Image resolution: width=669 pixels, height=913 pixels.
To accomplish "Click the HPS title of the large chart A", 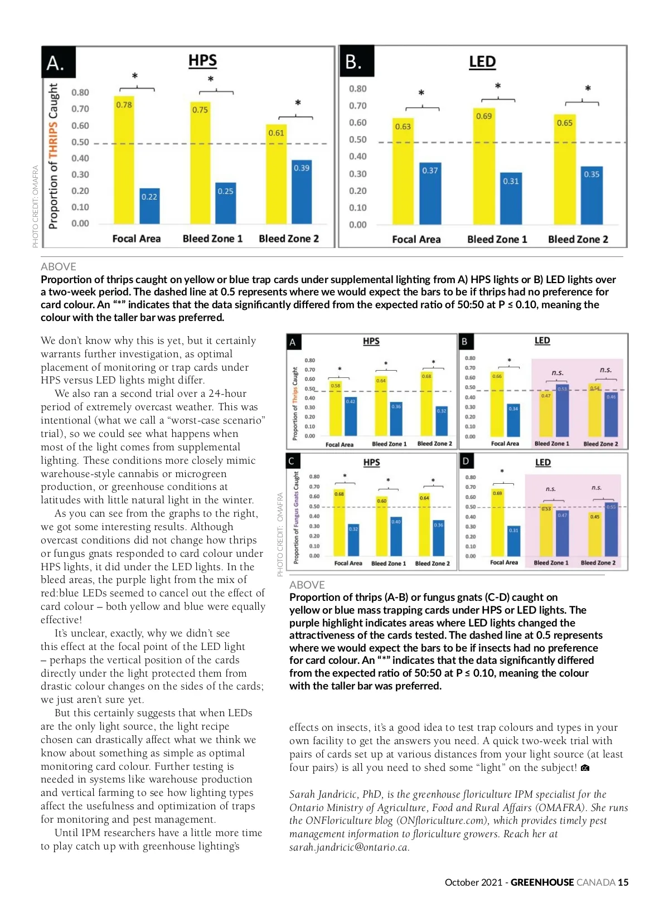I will click(202, 61).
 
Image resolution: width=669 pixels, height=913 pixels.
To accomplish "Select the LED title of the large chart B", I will click(482, 62).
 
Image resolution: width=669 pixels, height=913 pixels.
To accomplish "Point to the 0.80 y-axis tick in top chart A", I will click(80, 93).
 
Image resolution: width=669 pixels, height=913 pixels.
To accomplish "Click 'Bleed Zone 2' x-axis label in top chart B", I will click(578, 239).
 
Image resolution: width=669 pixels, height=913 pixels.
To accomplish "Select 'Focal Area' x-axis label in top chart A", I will click(137, 239).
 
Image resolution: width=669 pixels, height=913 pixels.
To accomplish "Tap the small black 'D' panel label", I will click(466, 461).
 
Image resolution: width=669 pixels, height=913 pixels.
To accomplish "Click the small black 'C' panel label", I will click(292, 461).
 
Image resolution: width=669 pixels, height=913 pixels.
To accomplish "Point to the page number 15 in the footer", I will click(623, 882).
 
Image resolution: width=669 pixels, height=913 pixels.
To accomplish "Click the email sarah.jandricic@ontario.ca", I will click(349, 847).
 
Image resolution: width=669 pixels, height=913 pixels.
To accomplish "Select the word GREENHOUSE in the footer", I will click(542, 882).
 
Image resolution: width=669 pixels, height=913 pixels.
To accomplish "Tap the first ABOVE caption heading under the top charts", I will click(59, 266).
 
